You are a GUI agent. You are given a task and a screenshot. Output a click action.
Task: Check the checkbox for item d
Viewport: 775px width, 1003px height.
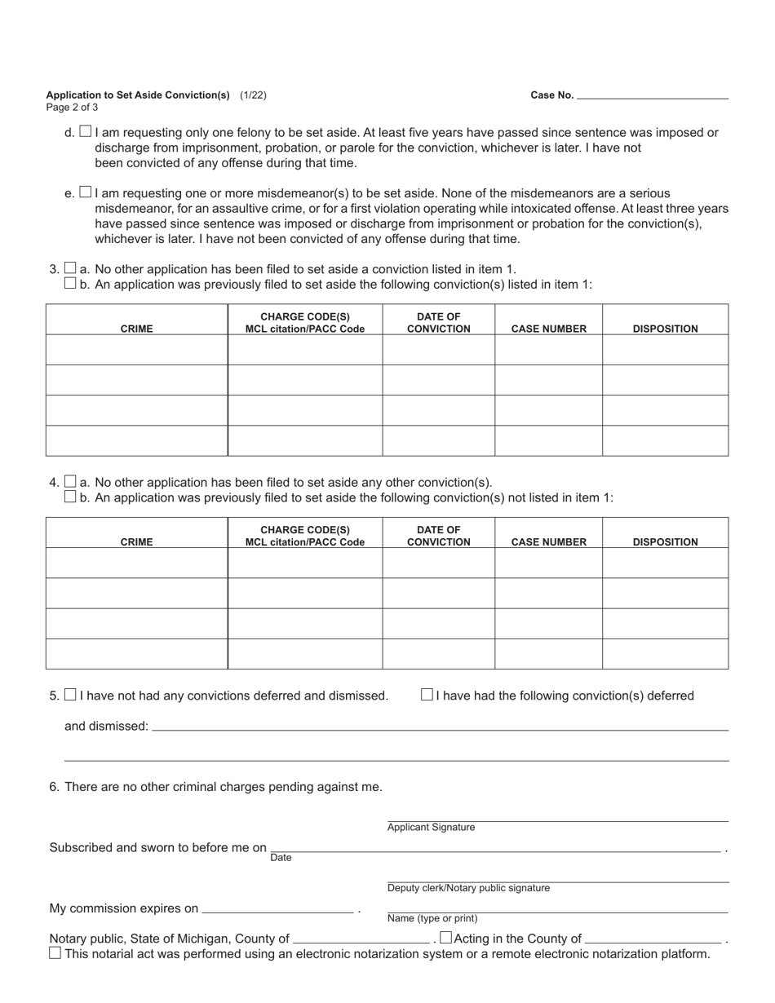point(86,131)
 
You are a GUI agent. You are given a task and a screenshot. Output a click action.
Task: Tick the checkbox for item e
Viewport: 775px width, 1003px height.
point(86,192)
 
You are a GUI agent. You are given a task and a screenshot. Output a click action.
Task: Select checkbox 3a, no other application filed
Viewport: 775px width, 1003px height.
point(70,268)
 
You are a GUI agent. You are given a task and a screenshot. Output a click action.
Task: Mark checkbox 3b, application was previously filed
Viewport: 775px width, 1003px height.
point(70,284)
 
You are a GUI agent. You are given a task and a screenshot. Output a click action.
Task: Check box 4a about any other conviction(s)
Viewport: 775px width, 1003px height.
point(70,481)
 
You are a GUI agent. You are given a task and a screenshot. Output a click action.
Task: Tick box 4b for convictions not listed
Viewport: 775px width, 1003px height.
point(70,497)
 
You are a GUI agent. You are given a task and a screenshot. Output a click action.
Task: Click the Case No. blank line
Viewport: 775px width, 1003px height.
point(653,95)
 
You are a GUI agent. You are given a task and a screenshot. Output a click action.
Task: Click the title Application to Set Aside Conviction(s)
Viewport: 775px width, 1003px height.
point(138,95)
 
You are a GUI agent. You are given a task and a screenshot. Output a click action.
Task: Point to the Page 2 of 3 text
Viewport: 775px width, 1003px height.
point(73,107)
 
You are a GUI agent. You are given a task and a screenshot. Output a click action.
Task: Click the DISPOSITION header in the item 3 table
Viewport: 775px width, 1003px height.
point(665,329)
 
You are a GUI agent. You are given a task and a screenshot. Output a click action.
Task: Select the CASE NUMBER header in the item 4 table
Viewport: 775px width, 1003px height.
point(548,541)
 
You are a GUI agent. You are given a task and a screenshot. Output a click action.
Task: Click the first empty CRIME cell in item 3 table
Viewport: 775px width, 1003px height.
point(136,350)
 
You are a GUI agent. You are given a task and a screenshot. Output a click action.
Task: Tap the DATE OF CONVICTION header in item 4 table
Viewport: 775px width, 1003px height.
point(438,536)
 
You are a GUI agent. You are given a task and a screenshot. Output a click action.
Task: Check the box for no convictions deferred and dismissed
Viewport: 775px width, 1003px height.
point(70,695)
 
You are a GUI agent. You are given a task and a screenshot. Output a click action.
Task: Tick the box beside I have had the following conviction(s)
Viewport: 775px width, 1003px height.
point(427,695)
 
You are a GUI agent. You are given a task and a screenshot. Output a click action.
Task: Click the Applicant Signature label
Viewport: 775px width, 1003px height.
point(431,828)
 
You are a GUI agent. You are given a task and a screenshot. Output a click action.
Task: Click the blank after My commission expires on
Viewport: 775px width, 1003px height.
point(277,908)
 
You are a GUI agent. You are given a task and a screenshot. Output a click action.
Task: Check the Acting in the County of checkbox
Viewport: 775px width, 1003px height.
point(445,938)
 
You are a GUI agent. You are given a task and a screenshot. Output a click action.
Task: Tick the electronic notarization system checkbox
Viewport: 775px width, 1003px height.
point(55,952)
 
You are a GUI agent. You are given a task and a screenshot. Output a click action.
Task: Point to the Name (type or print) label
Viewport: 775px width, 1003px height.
point(432,918)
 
